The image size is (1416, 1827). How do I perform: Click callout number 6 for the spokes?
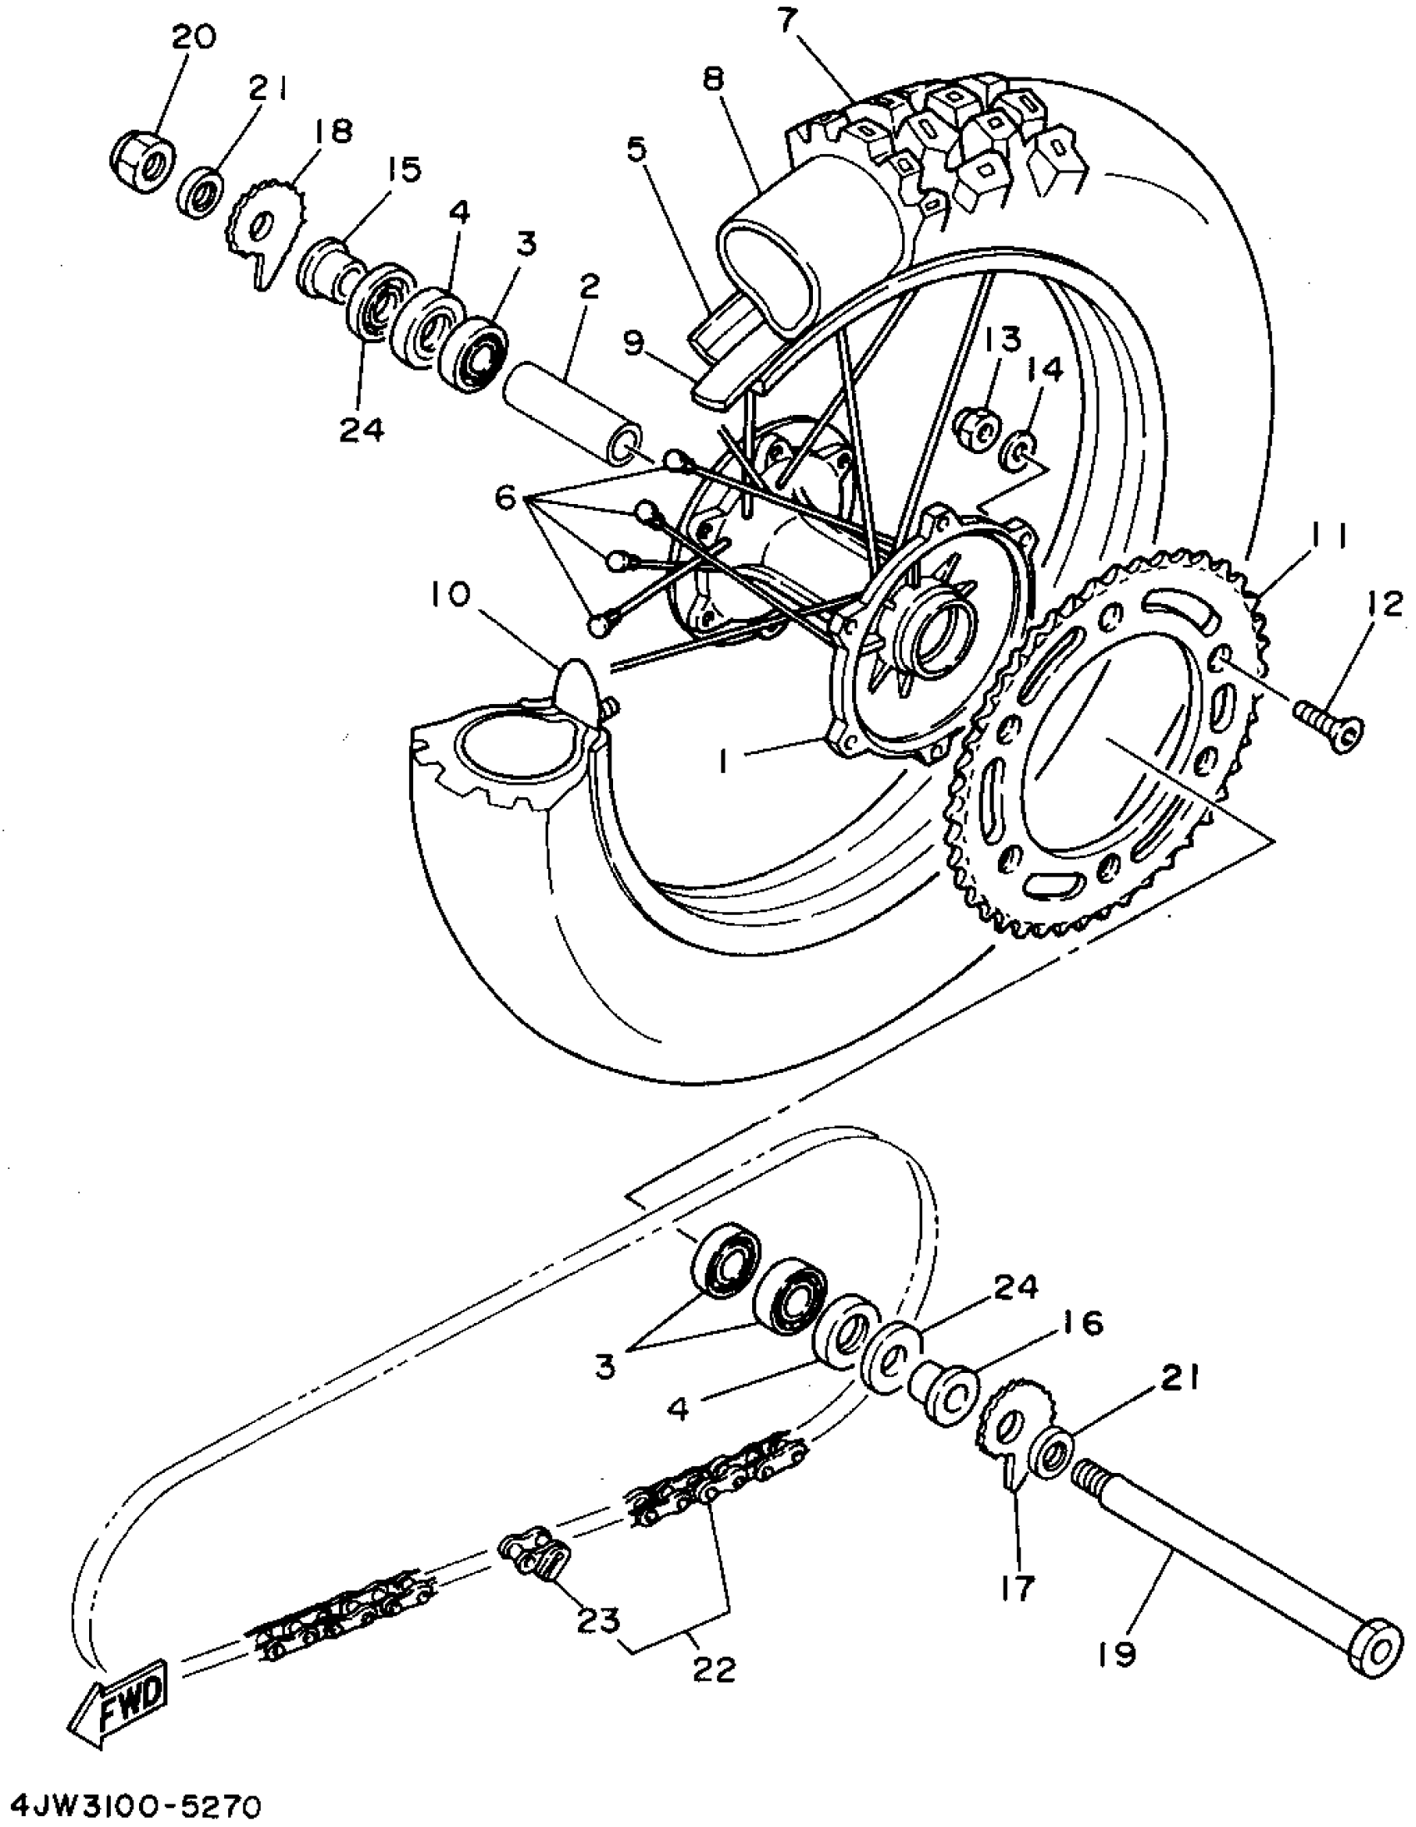(x=505, y=498)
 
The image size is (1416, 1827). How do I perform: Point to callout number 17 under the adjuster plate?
(x=1017, y=1585)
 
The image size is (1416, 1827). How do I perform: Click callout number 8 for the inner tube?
(x=714, y=80)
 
